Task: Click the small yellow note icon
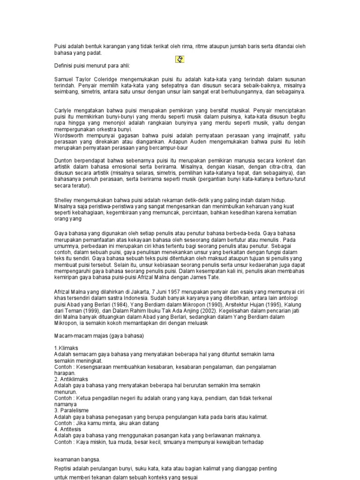pos(180,60)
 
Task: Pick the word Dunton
pos(63,160)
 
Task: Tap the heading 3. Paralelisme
pos(71,410)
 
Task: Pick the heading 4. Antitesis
pos(68,429)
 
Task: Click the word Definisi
pos(64,65)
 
